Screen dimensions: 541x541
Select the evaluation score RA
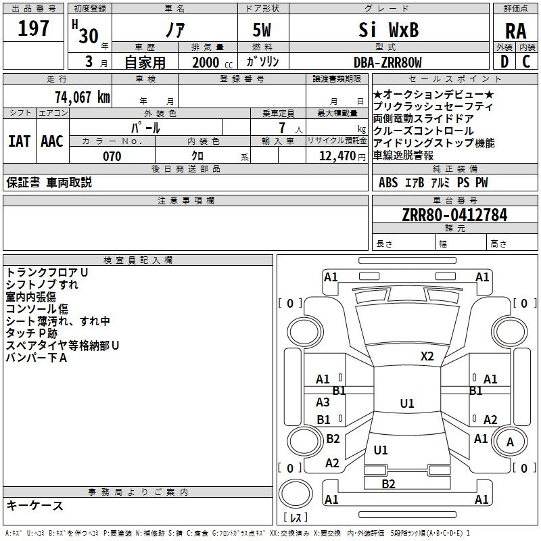[515, 31]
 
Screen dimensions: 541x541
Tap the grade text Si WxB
[387, 30]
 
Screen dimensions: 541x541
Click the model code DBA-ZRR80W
[387, 62]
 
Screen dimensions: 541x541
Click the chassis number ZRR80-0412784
[454, 215]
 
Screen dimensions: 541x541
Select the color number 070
[112, 156]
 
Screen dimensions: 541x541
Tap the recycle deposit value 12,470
[337, 156]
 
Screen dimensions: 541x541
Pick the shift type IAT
[19, 141]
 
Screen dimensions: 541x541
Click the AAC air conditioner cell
[51, 141]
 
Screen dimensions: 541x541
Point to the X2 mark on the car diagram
[427, 356]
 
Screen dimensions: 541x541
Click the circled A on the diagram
[511, 442]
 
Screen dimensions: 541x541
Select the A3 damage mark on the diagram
[323, 402]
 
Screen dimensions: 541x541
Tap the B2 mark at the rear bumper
[388, 484]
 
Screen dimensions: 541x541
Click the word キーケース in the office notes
[34, 505]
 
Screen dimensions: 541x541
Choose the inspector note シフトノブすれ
[42, 285]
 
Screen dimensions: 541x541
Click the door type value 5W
[263, 31]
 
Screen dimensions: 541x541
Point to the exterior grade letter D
[503, 62]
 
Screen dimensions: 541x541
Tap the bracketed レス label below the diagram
[296, 517]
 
